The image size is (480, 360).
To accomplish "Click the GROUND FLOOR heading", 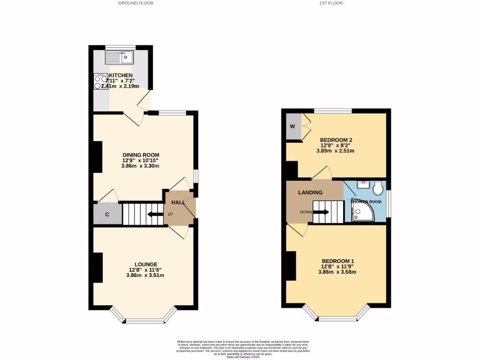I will pos(135,3).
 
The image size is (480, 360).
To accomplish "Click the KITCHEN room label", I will pos(121,75).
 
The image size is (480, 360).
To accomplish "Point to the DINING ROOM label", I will pos(141,155).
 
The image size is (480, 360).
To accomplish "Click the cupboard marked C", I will pos(107,215).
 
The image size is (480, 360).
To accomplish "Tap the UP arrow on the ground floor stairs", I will pos(154,215).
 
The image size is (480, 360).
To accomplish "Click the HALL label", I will pos(178,202).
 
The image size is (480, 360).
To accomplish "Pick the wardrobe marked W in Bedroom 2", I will pos(292,127).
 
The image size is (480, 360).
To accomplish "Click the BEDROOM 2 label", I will pos(336,140).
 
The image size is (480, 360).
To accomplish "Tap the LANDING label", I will pos(310,193).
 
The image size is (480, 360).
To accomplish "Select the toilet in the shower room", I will pos(378,188).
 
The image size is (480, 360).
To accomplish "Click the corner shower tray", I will pos(361,210).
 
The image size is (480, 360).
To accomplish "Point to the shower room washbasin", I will pos(362,185).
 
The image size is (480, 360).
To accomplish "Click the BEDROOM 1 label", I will pos(337,261).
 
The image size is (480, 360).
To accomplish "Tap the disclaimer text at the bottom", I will pos(243,349).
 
